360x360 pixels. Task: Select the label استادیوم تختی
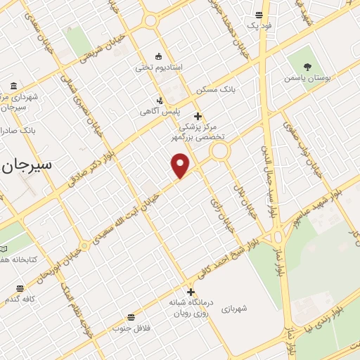coord(159,67)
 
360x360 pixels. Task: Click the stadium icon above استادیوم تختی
coord(159,56)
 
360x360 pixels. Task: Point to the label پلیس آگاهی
coord(160,111)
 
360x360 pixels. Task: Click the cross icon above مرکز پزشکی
coord(198,116)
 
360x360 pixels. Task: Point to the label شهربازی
coord(236,309)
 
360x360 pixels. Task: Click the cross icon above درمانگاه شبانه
coord(190,292)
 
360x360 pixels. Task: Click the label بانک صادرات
coord(18,131)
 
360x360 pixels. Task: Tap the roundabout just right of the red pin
coord(220,150)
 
